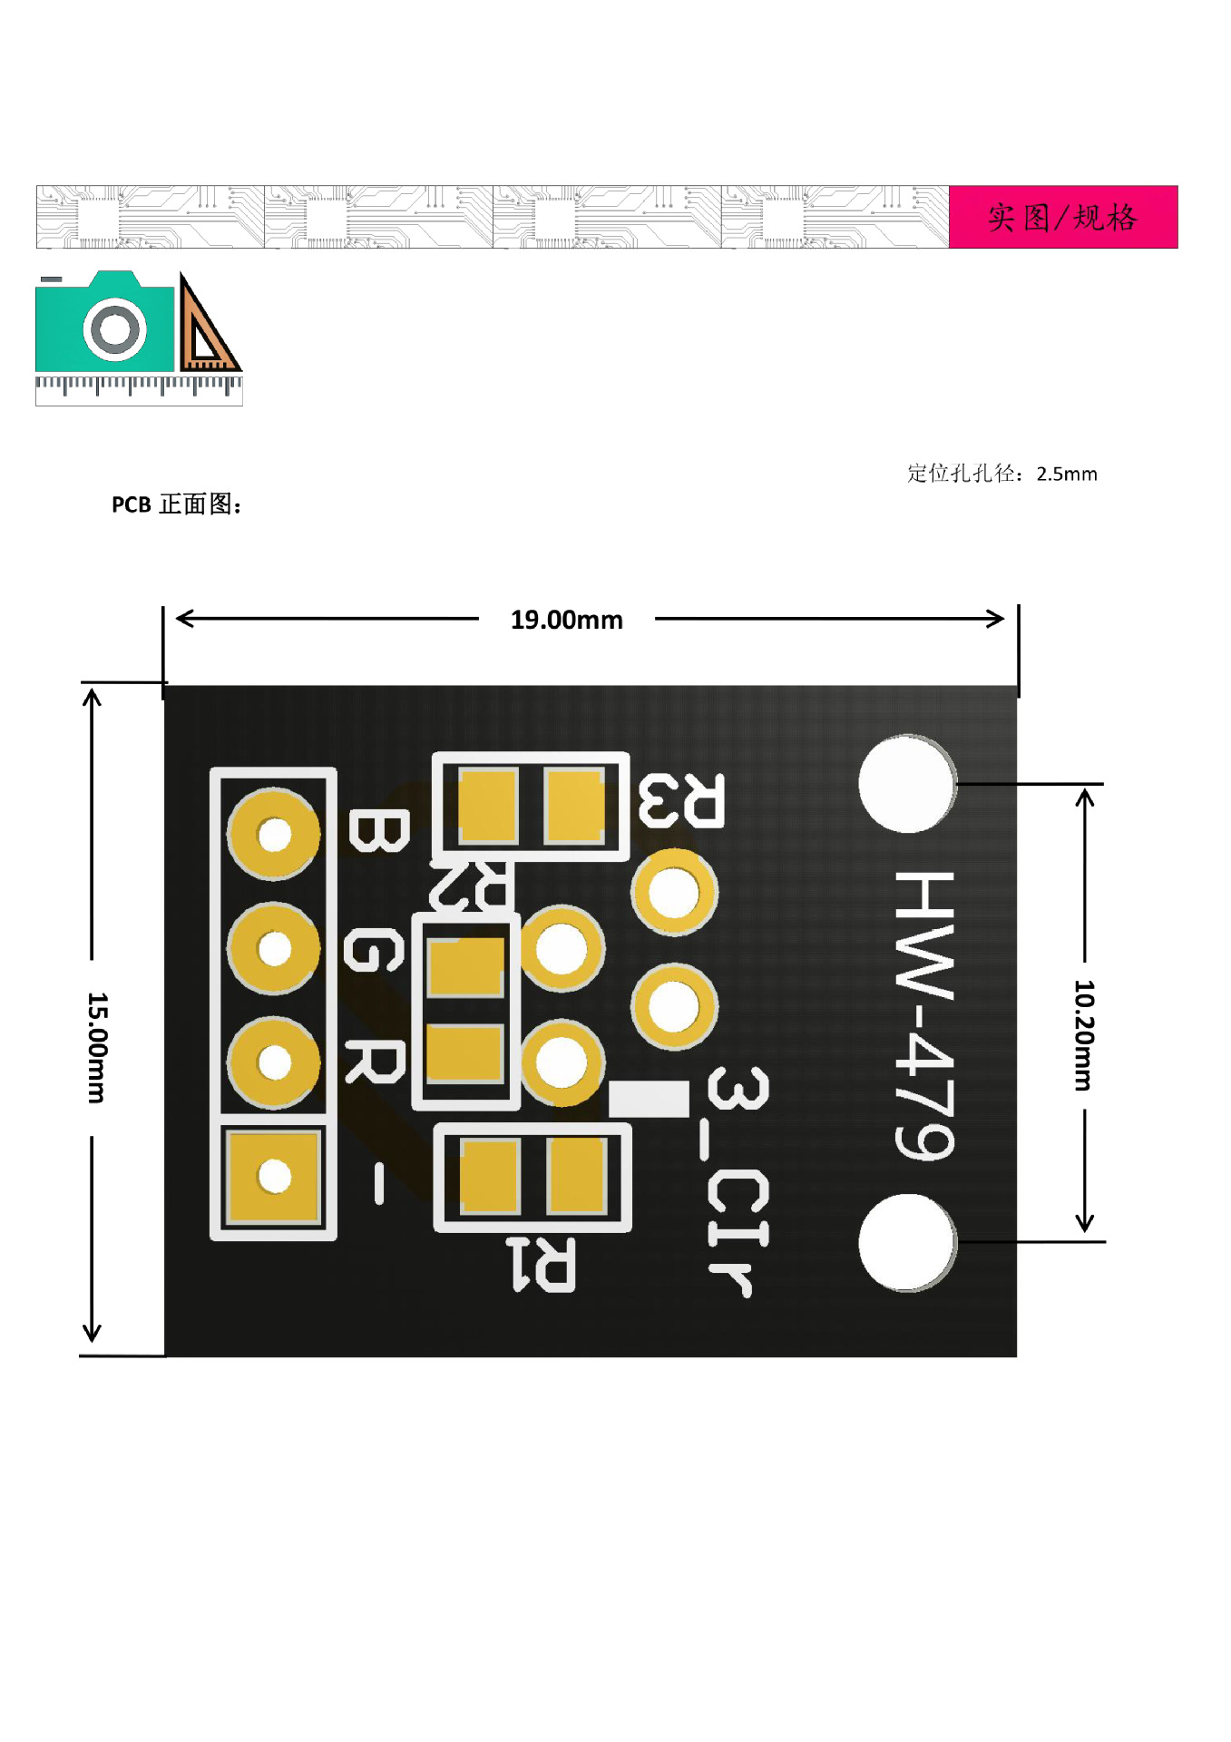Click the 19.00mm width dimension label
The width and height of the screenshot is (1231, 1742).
566,620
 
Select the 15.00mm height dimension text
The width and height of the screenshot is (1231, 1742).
97,1047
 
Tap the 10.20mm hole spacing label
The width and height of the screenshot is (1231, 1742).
1084,1034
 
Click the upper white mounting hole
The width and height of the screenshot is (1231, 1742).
906,784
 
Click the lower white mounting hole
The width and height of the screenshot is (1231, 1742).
906,1242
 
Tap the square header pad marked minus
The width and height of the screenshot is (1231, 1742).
274,1176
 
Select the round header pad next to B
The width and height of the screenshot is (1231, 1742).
274,834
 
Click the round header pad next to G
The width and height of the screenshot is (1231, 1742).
274,948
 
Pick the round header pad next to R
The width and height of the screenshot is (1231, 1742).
274,1062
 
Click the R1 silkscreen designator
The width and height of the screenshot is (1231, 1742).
541,1264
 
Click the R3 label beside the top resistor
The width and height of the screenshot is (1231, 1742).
681,801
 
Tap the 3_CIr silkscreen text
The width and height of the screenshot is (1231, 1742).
738,1180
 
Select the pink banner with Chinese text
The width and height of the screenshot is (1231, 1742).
1062,218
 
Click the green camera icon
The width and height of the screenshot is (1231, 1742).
105,323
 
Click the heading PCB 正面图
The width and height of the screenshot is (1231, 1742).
177,504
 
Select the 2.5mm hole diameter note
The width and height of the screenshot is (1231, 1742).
1001,474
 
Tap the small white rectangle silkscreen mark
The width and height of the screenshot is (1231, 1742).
649,1099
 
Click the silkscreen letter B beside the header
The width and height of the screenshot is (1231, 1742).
378,832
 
